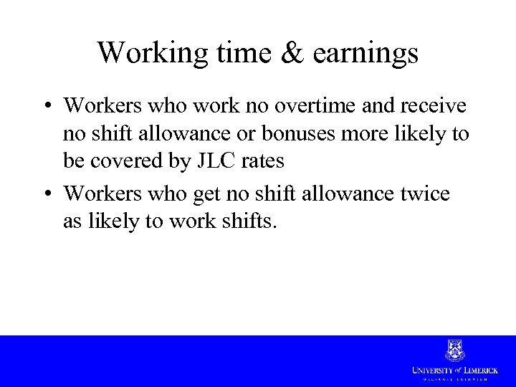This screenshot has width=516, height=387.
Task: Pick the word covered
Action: point(121,162)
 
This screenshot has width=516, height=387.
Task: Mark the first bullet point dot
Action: point(47,107)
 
